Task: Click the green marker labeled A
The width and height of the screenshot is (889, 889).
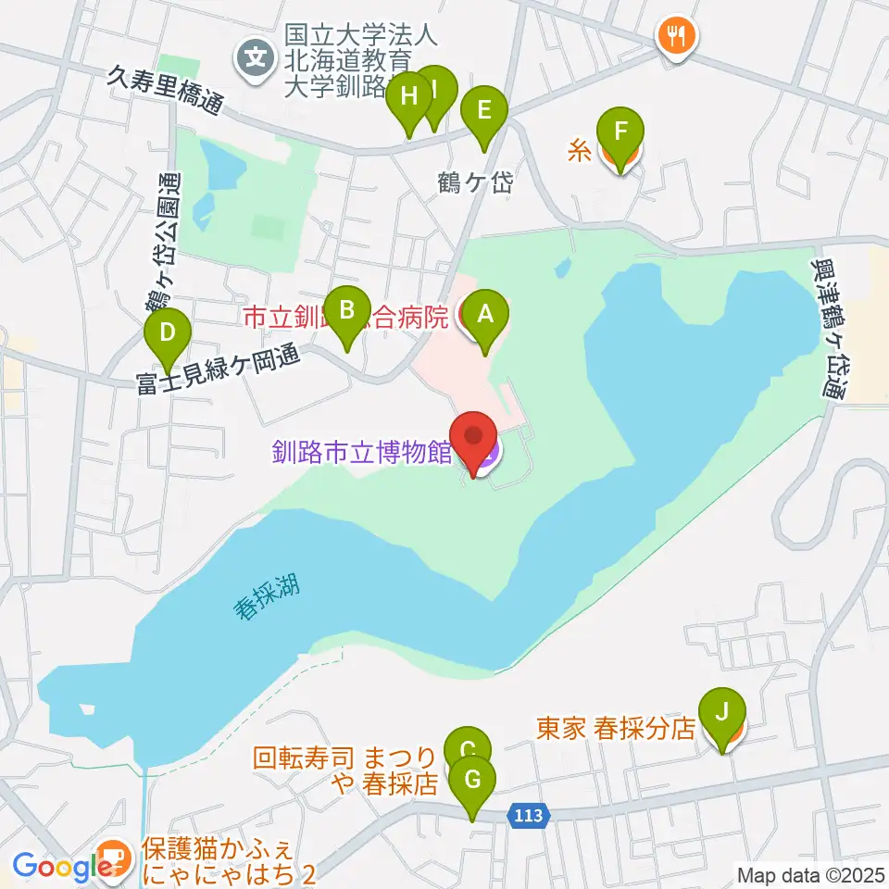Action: (485, 315)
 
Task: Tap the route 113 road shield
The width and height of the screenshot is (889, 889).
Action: (531, 815)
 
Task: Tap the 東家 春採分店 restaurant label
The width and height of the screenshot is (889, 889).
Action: (615, 728)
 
